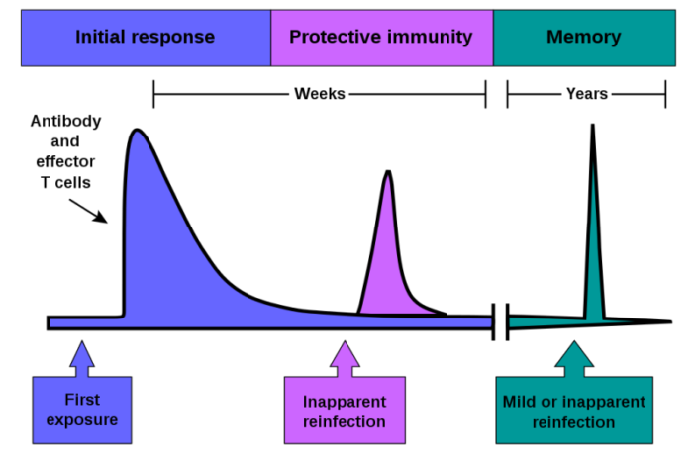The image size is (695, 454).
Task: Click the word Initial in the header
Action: pos(102,38)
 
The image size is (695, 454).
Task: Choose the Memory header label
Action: pos(584,38)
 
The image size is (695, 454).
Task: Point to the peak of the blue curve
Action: pos(138,133)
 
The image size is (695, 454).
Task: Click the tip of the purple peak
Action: pos(388,177)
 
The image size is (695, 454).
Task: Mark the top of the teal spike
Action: pos(593,164)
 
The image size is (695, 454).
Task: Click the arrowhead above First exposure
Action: pos(82,354)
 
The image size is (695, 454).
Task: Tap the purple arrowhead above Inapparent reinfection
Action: pos(345,354)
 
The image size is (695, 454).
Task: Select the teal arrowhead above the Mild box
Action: pos(574,354)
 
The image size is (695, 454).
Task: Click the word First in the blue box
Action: pos(82,400)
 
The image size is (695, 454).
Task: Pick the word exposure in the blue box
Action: pos(82,419)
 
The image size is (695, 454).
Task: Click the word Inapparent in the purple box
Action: pos(345,402)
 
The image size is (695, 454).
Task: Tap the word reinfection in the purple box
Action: pos(345,422)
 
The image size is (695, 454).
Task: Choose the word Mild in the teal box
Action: pos(521,402)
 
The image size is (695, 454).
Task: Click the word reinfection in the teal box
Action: pos(574,422)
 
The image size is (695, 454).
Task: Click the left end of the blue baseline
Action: pos(53,322)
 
